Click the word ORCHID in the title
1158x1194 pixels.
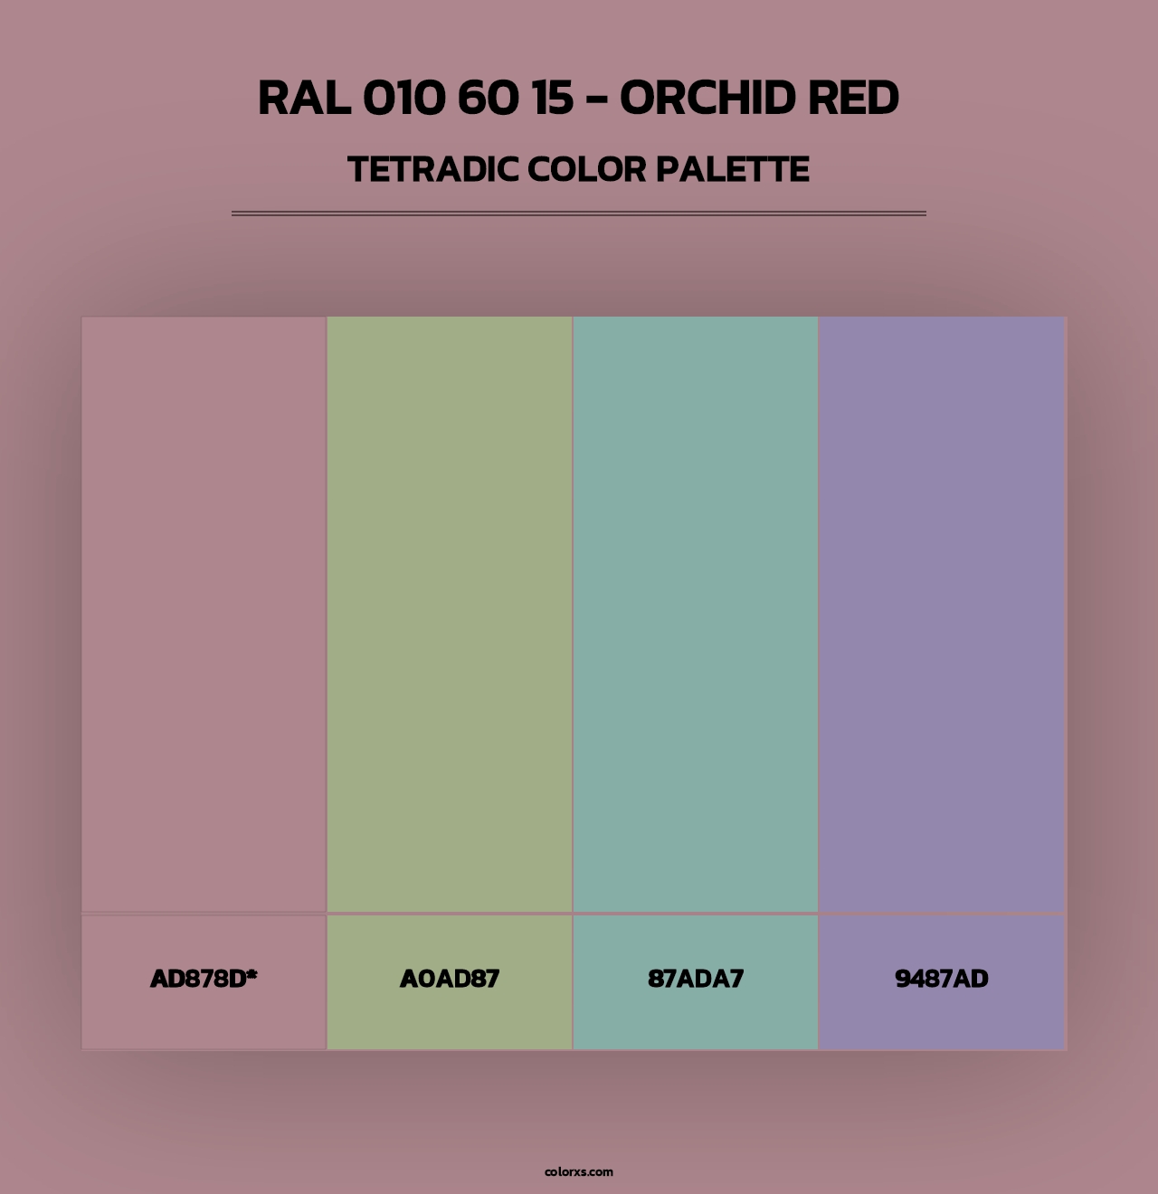(x=707, y=99)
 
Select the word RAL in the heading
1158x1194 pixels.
(x=304, y=99)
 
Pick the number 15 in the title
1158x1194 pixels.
(x=553, y=99)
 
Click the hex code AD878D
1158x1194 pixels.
(x=197, y=979)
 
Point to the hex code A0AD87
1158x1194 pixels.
(x=450, y=979)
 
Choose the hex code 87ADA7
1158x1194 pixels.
(x=696, y=979)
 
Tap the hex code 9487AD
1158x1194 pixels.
(x=942, y=979)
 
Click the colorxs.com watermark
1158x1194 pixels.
(x=579, y=1171)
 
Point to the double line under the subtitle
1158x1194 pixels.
(x=579, y=213)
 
